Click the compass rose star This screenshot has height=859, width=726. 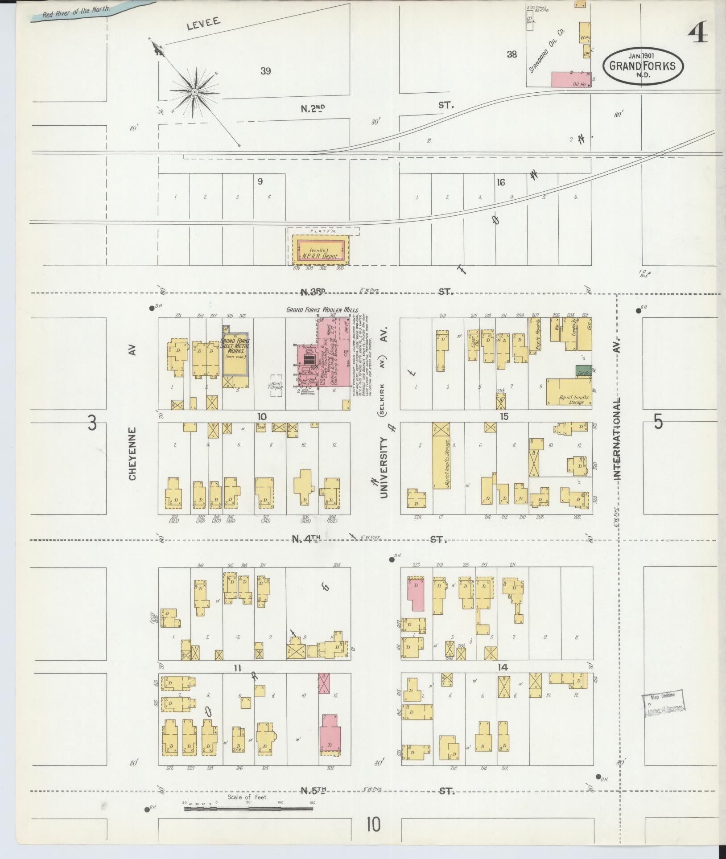194,92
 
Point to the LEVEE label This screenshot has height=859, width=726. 204,25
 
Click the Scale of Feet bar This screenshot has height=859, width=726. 249,808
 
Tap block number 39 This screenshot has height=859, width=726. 266,71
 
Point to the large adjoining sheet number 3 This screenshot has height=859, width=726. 92,423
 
